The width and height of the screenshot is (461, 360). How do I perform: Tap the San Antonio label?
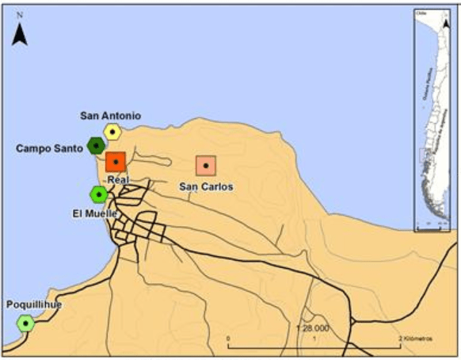[111, 116]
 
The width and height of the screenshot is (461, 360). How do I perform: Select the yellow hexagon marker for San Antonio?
[113, 132]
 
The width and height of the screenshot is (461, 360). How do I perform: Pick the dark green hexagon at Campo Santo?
[97, 145]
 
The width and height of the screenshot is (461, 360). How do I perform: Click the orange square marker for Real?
[116, 162]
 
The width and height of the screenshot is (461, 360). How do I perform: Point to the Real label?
[116, 180]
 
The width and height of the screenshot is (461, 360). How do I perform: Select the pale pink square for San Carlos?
[206, 165]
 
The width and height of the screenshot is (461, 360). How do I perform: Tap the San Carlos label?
[206, 187]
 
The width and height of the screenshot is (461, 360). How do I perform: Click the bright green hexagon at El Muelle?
[99, 193]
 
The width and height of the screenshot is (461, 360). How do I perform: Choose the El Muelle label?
[94, 213]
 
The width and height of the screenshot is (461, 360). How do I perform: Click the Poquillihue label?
[34, 304]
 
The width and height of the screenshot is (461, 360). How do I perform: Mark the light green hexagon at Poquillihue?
[27, 323]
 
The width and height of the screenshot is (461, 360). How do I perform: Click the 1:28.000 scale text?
[313, 327]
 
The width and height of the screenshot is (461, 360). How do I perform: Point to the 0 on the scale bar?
[228, 339]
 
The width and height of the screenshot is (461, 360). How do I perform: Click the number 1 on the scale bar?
[315, 339]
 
